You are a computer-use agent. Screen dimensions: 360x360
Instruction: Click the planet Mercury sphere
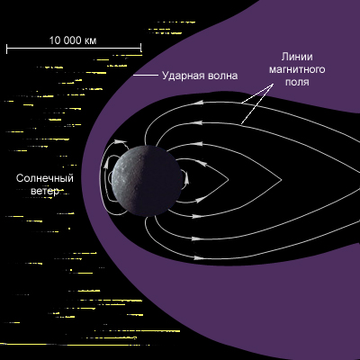pyautogui.click(x=147, y=181)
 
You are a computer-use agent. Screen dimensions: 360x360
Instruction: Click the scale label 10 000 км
pyautogui.click(x=73, y=40)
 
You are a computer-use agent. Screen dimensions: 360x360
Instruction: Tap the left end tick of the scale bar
pyautogui.click(x=7, y=48)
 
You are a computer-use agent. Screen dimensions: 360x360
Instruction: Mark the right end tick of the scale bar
pyautogui.click(x=140, y=48)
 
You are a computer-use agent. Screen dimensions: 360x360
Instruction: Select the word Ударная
pyautogui.click(x=181, y=76)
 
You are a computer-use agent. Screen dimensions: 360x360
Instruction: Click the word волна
pyautogui.click(x=220, y=76)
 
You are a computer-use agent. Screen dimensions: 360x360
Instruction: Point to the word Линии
pyautogui.click(x=297, y=57)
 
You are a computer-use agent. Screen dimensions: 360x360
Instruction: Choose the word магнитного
pyautogui.click(x=297, y=69)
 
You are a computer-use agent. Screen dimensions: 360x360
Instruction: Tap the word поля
pyautogui.click(x=297, y=82)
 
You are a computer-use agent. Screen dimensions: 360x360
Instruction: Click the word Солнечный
pyautogui.click(x=45, y=178)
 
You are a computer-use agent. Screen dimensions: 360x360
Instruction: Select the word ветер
pyautogui.click(x=45, y=191)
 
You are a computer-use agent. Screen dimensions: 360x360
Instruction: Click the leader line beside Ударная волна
pyautogui.click(x=146, y=75)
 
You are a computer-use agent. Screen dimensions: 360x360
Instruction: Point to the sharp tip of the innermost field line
pyautogui.click(x=229, y=180)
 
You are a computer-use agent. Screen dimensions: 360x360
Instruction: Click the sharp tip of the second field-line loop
pyautogui.click(x=282, y=180)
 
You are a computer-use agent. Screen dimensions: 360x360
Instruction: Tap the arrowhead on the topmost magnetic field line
pyautogui.click(x=199, y=103)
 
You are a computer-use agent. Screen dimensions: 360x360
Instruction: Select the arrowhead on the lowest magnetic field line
pyautogui.click(x=197, y=257)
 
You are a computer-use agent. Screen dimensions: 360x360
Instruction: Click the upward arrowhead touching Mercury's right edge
pyautogui.click(x=186, y=179)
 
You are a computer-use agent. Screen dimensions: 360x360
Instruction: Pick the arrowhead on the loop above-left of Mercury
pyautogui.click(x=121, y=140)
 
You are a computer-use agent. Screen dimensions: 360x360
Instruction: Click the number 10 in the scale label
pyautogui.click(x=55, y=40)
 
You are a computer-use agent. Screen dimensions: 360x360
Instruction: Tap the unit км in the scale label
pyautogui.click(x=91, y=41)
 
